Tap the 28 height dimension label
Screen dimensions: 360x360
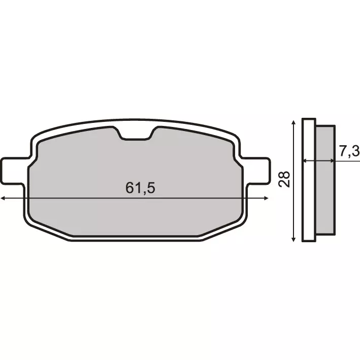click(x=285, y=179)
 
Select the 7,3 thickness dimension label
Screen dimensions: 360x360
click(x=349, y=150)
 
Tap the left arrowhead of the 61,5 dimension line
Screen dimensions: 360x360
click(x=3, y=198)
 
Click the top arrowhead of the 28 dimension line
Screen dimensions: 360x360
click(x=293, y=122)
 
